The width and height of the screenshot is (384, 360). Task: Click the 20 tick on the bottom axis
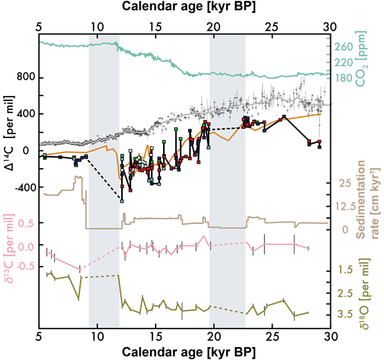click(x=214, y=338)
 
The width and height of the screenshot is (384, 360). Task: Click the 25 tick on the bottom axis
click(x=272, y=338)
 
